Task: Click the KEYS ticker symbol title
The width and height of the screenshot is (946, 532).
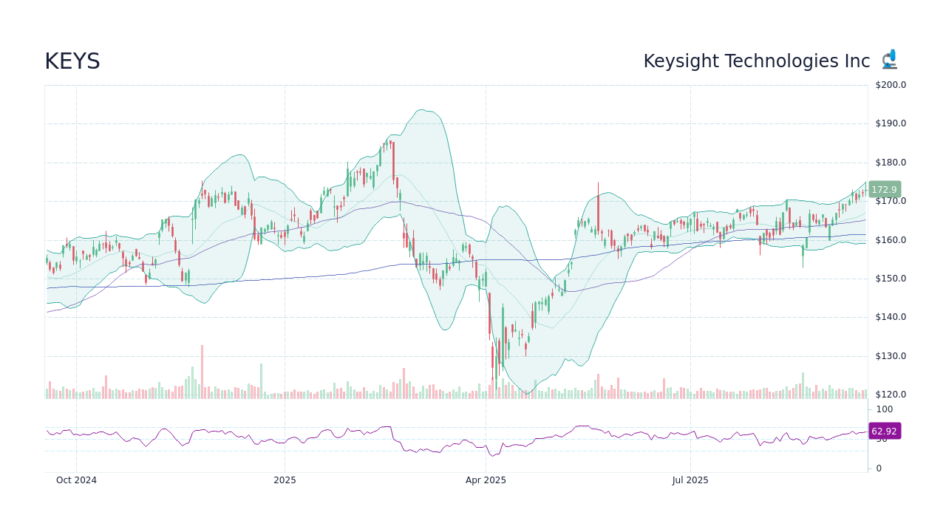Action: coord(72,62)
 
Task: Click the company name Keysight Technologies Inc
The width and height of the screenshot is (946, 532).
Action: coord(756,62)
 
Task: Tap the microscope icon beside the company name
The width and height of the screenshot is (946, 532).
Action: coord(889,60)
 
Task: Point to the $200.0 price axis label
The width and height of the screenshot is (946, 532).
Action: coord(890,85)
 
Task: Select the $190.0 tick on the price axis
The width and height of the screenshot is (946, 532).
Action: coord(890,123)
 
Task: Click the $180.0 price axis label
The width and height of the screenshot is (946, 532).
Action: coord(890,163)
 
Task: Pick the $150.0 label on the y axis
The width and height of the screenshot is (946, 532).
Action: coord(890,279)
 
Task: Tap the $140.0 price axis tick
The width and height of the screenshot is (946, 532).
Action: coord(890,317)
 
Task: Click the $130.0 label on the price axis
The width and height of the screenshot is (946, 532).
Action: coord(890,356)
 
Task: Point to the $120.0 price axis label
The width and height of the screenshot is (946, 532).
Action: coord(890,395)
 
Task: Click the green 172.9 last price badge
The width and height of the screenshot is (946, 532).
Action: coord(884,190)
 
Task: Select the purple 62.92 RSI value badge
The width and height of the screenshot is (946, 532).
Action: coord(884,432)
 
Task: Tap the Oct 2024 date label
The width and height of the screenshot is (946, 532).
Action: coord(76,480)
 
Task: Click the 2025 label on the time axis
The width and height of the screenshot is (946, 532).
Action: coord(285,480)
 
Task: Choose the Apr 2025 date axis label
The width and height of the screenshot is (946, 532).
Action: coord(486,480)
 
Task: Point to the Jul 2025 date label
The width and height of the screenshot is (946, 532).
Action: coord(690,480)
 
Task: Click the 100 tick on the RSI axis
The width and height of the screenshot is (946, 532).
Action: coord(885,409)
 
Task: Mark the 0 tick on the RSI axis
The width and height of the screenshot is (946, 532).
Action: coord(879,468)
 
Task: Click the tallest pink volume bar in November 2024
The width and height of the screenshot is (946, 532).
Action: coord(202,372)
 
